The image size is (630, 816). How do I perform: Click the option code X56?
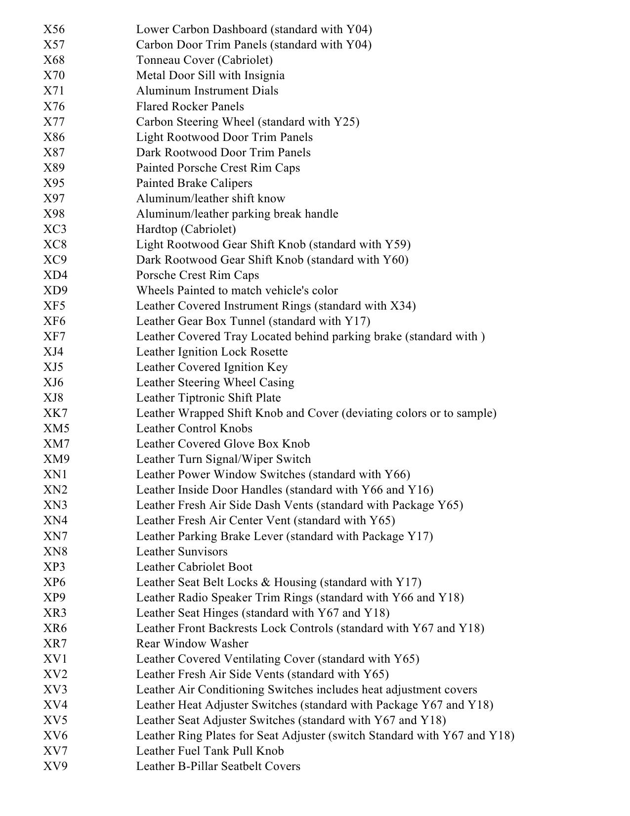[x=54, y=30]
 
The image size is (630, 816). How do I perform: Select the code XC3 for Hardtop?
[x=55, y=229]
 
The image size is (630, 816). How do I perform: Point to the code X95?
[x=54, y=183]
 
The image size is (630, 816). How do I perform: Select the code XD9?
[x=55, y=290]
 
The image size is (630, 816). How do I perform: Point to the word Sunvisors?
[x=205, y=551]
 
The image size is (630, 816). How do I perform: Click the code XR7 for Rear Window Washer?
[x=55, y=643]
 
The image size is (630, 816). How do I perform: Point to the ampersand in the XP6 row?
[x=267, y=582]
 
